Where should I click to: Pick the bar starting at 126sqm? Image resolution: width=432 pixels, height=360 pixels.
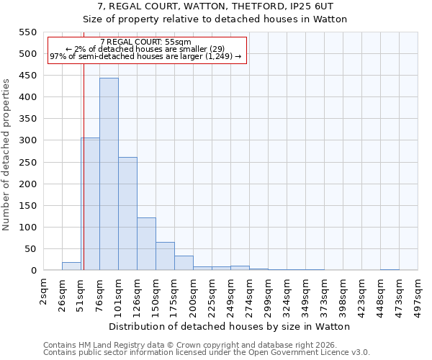(x=146, y=244)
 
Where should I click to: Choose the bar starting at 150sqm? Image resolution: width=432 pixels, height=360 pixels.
(x=165, y=256)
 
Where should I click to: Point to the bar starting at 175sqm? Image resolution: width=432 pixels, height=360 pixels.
(x=184, y=263)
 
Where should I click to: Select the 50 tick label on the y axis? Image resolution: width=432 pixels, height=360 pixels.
(x=30, y=249)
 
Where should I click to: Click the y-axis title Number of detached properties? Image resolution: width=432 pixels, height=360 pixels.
(x=6, y=155)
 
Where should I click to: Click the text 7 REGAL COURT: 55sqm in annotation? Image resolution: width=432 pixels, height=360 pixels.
(x=146, y=42)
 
